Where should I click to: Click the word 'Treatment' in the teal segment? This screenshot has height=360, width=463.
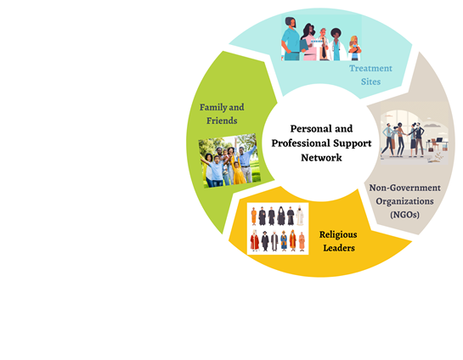pos(370,68)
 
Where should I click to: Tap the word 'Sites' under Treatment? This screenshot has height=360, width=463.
pos(370,82)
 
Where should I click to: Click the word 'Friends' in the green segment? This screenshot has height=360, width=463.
pos(222,121)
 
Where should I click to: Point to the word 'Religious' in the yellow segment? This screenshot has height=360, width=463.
pos(338,235)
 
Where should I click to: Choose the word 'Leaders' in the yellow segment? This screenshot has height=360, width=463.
pos(339,248)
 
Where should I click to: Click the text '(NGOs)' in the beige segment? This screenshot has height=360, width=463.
pos(405,215)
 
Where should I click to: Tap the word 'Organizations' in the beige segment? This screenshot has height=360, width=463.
pos(404,201)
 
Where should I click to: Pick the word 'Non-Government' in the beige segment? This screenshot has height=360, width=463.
pos(405,188)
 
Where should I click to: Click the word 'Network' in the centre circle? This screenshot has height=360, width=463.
pos(321,158)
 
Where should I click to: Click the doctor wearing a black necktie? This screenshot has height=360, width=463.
pos(324,44)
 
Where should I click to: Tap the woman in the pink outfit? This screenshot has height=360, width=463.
pos(308,42)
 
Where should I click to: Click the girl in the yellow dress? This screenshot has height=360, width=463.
pos(238,173)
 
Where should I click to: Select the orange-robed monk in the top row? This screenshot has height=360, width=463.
pos(254,217)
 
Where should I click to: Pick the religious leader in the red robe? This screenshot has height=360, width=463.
pos(255,240)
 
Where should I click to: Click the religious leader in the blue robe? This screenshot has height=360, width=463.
pos(284,241)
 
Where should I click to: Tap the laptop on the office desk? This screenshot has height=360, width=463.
pos(439,140)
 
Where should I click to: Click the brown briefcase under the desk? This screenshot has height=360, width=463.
pos(431,149)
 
